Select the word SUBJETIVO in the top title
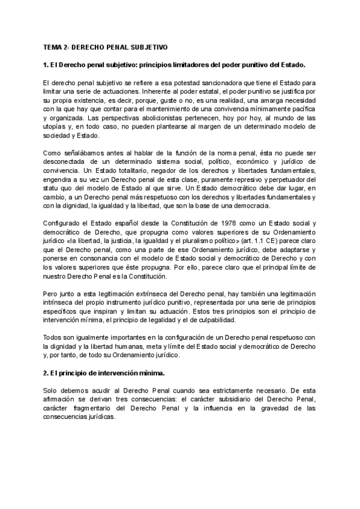[x=147, y=46]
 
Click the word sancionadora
[x=224, y=82]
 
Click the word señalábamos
[x=83, y=153]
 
